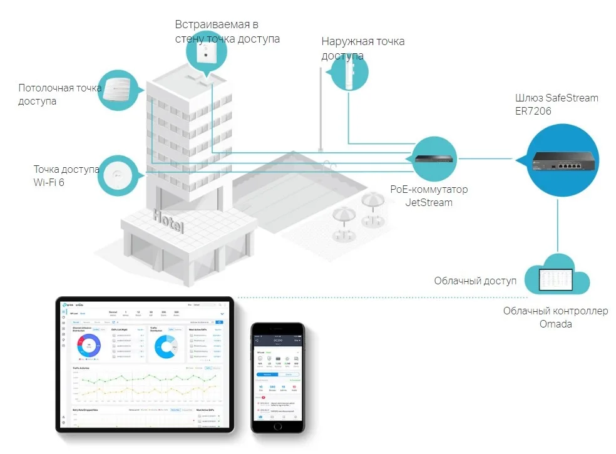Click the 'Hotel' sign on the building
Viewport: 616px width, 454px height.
click(168, 222)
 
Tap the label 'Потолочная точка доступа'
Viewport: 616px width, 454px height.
click(59, 95)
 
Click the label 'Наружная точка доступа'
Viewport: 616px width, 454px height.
click(362, 48)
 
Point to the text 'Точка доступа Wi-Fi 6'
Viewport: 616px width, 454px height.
click(66, 175)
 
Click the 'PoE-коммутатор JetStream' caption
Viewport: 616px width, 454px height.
click(428, 195)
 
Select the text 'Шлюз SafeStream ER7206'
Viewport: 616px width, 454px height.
click(556, 104)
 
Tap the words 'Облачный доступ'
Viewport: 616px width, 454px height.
click(475, 281)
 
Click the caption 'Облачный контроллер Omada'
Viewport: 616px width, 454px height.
click(555, 317)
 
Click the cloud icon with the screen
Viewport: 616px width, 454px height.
click(555, 276)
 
